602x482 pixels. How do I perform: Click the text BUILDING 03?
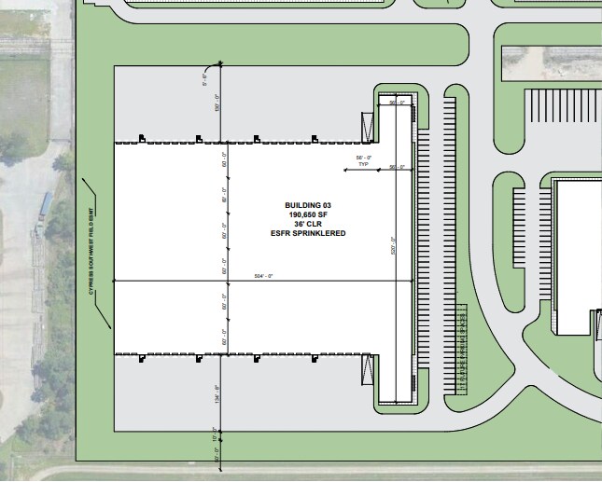coord(308,205)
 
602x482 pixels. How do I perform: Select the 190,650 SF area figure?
coord(308,214)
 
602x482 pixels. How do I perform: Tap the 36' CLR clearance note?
coord(308,224)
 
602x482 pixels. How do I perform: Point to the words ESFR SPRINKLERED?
coord(308,233)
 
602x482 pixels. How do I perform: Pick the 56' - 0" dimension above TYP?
coord(364,158)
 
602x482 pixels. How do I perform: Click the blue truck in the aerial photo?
coord(46,202)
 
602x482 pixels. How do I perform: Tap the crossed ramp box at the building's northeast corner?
coord(366,124)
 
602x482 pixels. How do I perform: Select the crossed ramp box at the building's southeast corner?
coord(366,372)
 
